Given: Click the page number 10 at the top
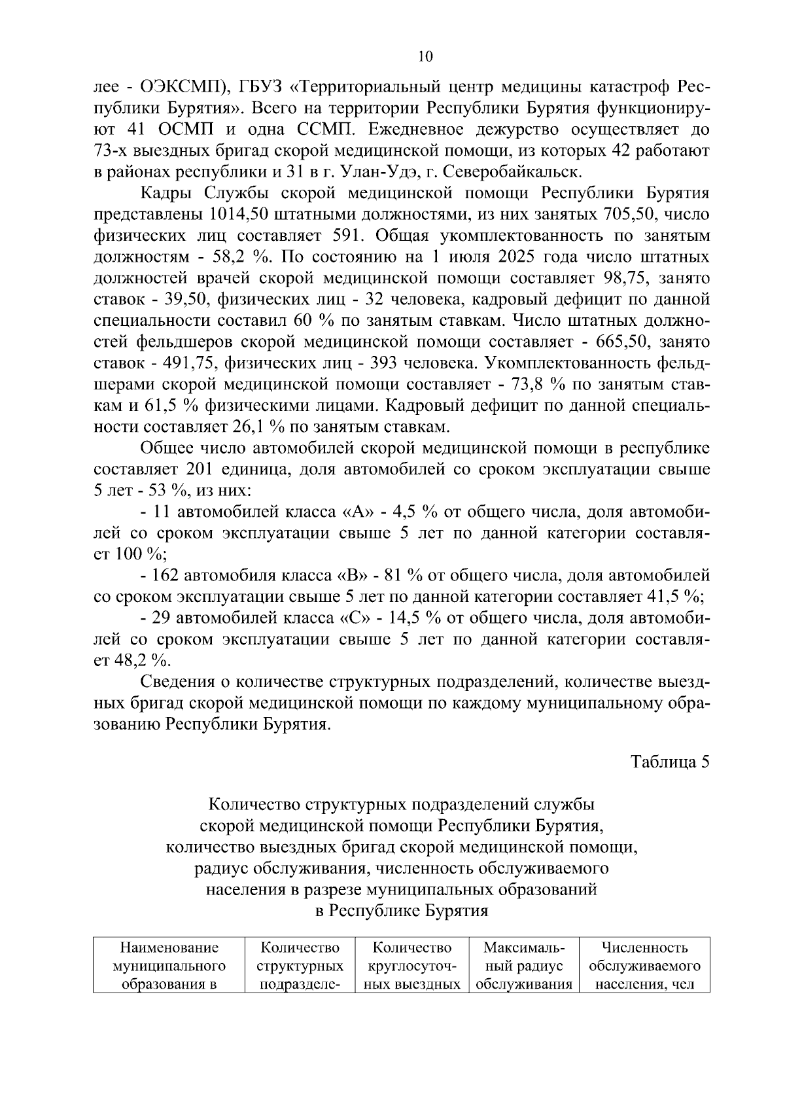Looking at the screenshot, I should (425, 57).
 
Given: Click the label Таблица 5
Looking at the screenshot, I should (669, 762).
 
